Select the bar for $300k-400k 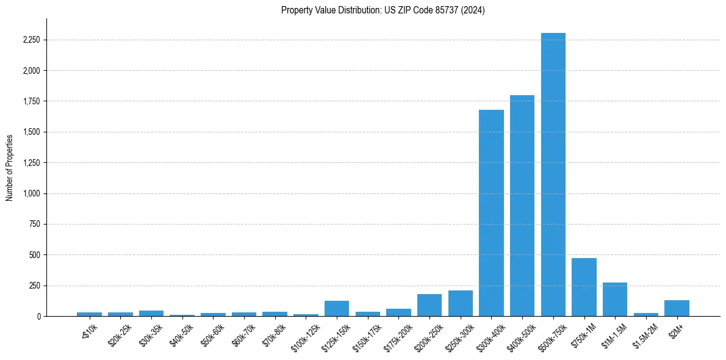tap(491, 213)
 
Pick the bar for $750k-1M tap(584, 287)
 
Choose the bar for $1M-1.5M tap(615, 300)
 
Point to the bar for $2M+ tap(677, 308)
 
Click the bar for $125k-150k tap(337, 309)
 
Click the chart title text tap(383, 10)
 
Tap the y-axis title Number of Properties tap(10, 167)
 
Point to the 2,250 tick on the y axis tap(31, 40)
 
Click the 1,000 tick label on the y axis tap(31, 193)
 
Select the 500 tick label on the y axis tap(35, 255)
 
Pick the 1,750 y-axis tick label tap(31, 101)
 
